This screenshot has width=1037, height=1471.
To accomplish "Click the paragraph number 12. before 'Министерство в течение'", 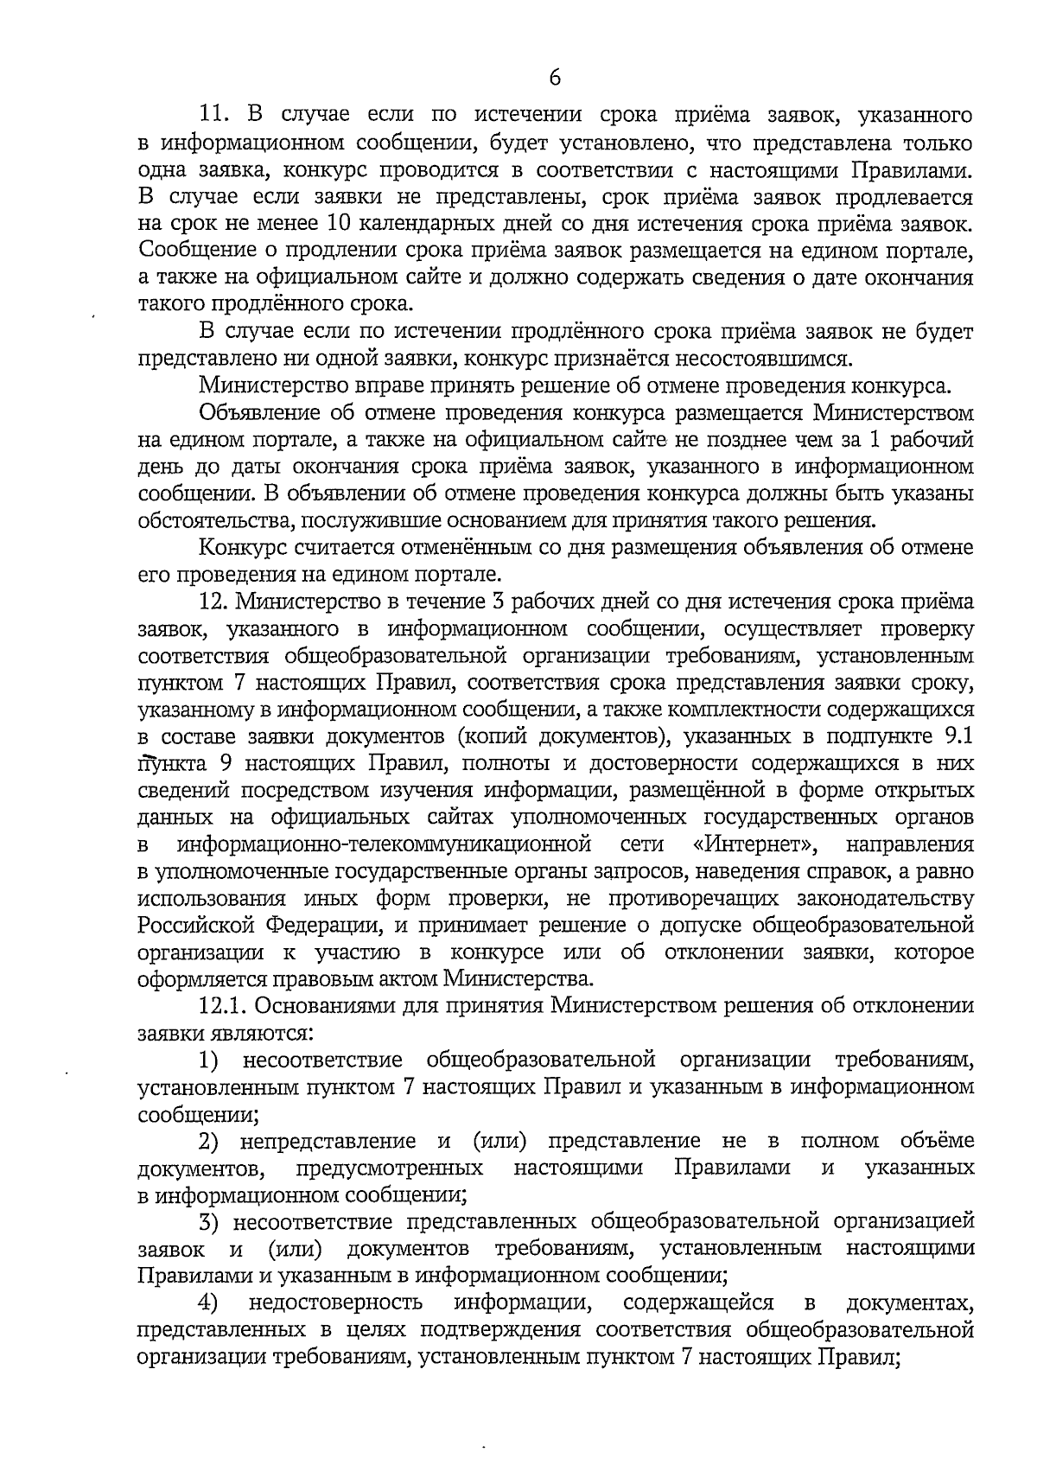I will click(214, 602).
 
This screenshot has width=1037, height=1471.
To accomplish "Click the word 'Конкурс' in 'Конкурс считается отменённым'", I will click(239, 547).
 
